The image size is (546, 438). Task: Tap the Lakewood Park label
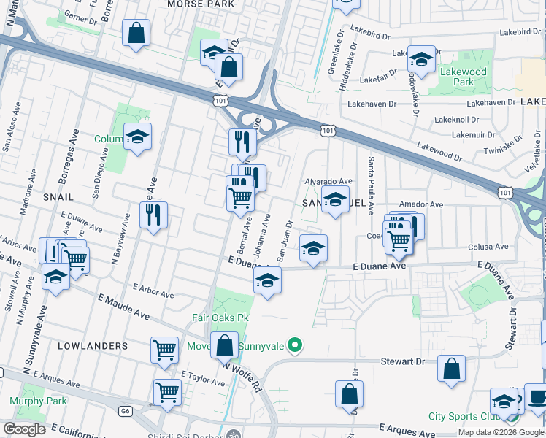pyautogui.click(x=463, y=77)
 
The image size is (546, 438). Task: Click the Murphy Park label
pyautogui.click(x=38, y=401)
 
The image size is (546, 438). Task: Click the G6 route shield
pyautogui.click(x=126, y=412)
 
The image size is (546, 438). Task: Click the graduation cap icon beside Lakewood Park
pyautogui.click(x=421, y=59)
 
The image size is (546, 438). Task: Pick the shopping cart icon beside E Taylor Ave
pyautogui.click(x=167, y=392)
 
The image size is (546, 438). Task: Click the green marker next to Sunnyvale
pyautogui.click(x=295, y=345)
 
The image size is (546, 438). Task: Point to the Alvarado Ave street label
pyautogui.click(x=328, y=181)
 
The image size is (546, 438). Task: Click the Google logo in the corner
pyautogui.click(x=24, y=429)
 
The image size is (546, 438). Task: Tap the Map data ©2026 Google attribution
pyautogui.click(x=500, y=432)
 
